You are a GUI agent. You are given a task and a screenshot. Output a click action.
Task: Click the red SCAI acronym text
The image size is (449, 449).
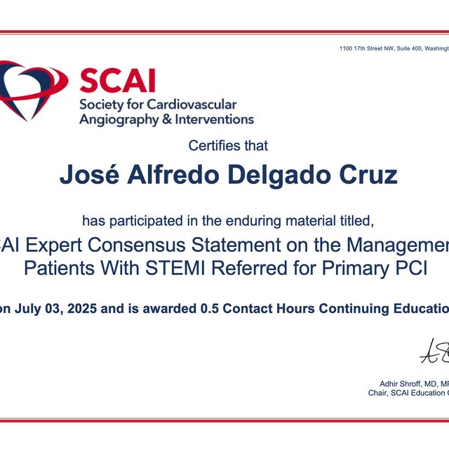(x=117, y=81)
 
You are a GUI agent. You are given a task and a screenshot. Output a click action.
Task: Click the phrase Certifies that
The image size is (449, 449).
(x=228, y=146)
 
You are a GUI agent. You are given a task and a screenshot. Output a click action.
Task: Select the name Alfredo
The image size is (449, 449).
(x=162, y=175)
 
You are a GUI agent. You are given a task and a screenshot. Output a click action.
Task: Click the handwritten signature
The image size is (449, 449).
(x=435, y=351)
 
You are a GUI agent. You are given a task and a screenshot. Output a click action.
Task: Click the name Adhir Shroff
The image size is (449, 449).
(x=398, y=383)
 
